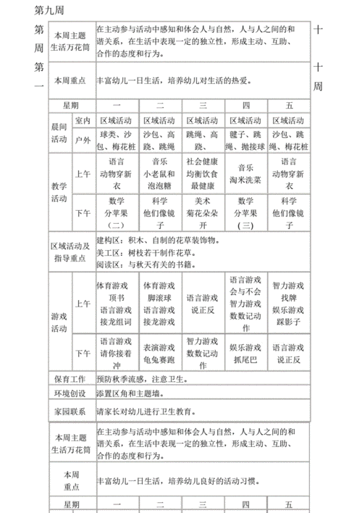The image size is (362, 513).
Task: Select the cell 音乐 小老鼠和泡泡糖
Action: click(x=159, y=175)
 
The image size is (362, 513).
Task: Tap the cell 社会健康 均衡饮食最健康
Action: click(x=202, y=175)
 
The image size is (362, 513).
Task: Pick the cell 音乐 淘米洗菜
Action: click(x=245, y=175)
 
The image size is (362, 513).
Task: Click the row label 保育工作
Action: click(x=70, y=378)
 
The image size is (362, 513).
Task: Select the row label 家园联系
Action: click(x=70, y=411)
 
